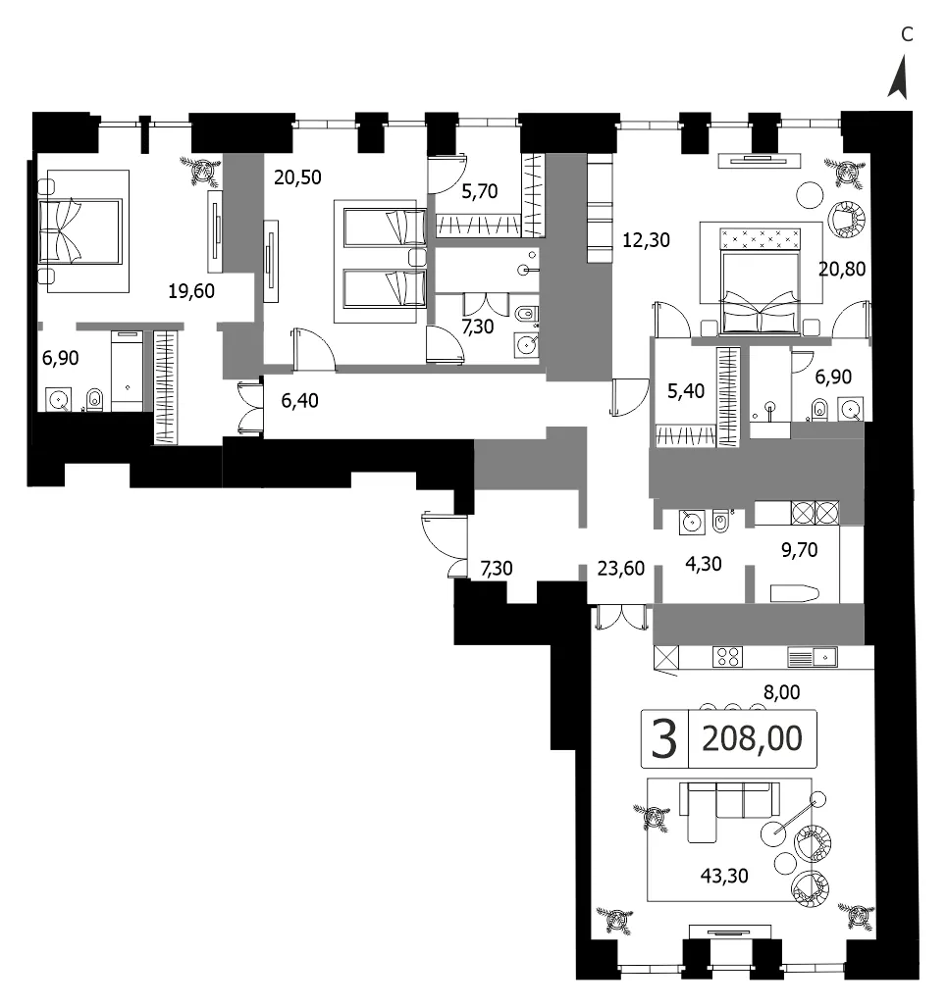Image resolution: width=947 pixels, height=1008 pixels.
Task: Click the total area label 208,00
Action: (x=752, y=738)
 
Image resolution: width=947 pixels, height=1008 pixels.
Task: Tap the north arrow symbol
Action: (x=899, y=77)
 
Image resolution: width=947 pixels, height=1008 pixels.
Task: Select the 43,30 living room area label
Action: (x=724, y=876)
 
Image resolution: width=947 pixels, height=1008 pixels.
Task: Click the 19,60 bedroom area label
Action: (x=191, y=291)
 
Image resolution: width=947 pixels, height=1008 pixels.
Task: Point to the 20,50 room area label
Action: (x=297, y=177)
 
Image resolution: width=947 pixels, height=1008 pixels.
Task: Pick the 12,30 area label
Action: (x=646, y=240)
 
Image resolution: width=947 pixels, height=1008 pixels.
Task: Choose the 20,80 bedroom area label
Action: (x=841, y=269)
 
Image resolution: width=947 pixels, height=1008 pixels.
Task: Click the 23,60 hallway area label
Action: (x=621, y=569)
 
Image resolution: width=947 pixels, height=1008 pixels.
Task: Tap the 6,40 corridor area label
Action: (x=299, y=400)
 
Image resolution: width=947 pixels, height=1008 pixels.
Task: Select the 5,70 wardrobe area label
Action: (x=479, y=191)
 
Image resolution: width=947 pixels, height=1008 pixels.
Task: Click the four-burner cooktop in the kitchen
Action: (x=727, y=656)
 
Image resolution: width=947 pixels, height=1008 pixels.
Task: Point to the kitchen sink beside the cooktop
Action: (x=812, y=657)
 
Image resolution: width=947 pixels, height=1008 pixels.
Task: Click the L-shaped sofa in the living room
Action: (x=725, y=809)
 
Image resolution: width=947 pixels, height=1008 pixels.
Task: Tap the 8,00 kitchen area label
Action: (x=782, y=692)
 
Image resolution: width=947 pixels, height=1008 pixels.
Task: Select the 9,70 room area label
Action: (x=799, y=550)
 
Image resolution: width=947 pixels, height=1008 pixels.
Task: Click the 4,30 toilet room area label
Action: (x=704, y=564)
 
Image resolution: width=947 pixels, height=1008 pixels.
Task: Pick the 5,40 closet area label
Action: (x=686, y=391)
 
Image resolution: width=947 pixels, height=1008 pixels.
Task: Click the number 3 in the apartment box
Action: (x=664, y=739)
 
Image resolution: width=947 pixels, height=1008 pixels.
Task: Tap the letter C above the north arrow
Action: (x=907, y=34)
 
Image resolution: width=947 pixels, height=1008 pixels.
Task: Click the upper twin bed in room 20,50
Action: (x=385, y=227)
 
